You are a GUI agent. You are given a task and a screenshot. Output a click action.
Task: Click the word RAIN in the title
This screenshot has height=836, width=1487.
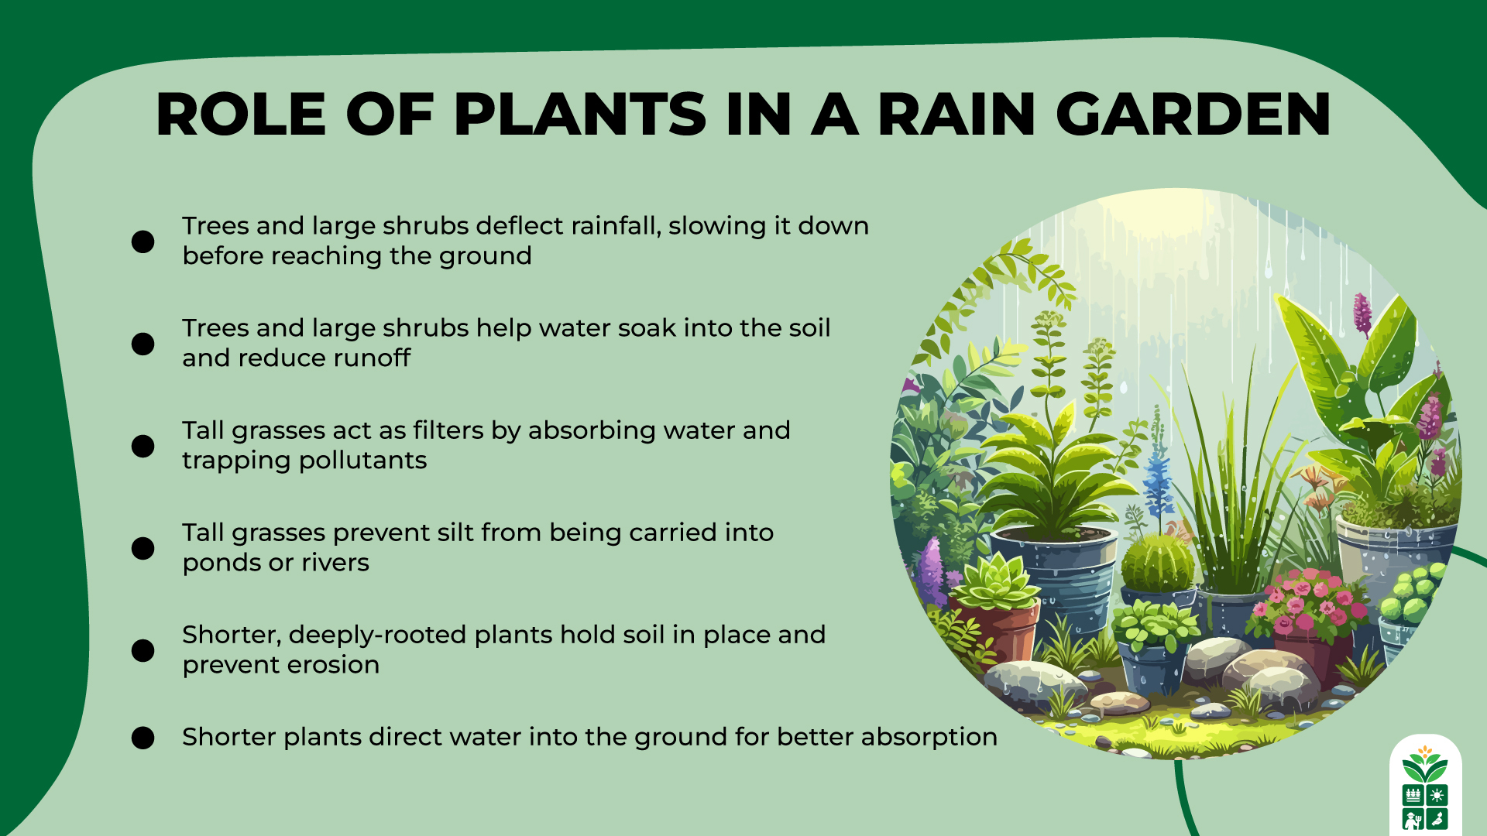[x=956, y=115]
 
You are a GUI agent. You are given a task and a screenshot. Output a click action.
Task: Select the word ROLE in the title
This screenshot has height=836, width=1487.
[x=241, y=115]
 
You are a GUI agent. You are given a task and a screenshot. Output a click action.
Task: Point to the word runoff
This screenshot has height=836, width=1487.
[x=370, y=358]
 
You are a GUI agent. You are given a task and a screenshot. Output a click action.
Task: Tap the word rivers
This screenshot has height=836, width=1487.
[x=335, y=563]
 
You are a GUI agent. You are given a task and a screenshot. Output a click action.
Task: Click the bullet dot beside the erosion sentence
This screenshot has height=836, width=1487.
[x=143, y=650]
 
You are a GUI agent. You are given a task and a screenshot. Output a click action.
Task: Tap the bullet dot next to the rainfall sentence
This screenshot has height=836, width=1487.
[x=143, y=242]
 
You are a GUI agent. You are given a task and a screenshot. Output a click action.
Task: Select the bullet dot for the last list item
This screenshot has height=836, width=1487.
[x=143, y=738]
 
